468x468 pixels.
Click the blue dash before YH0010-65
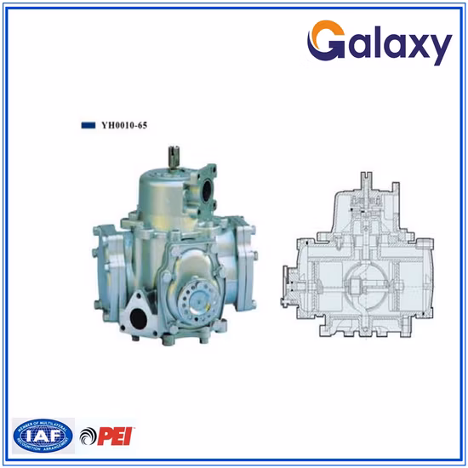click(x=88, y=124)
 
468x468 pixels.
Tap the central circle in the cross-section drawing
click(x=364, y=283)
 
